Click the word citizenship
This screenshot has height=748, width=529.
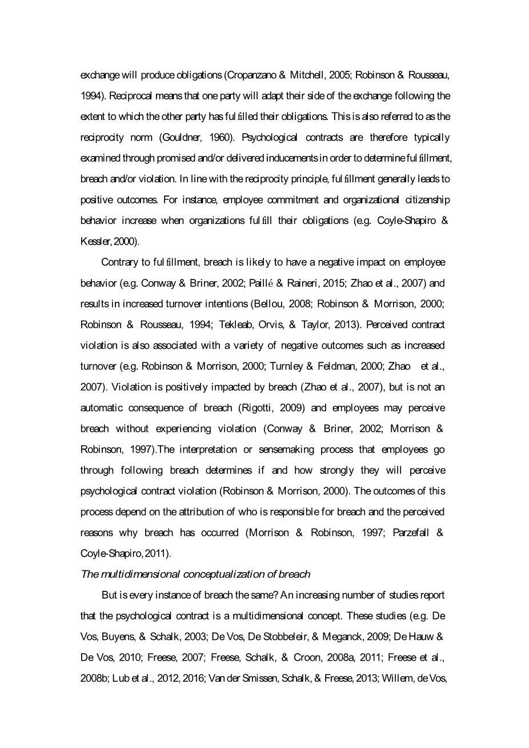424,199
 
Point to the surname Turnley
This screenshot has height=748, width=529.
287,366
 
